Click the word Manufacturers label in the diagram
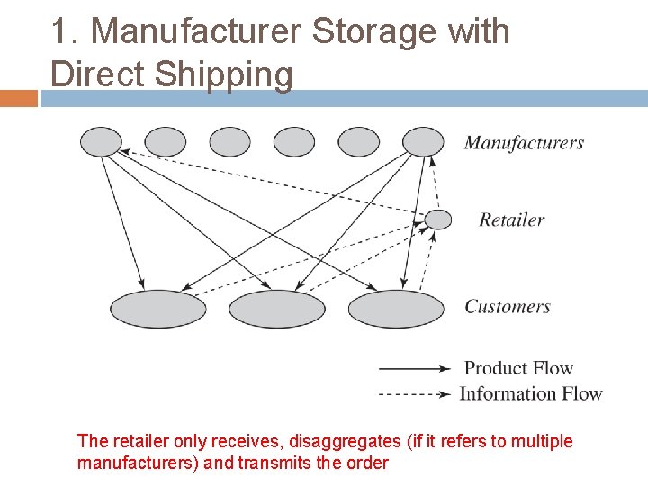(x=524, y=143)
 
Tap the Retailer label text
(x=511, y=220)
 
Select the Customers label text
(x=507, y=307)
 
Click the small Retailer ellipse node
(x=438, y=219)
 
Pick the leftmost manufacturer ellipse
(x=101, y=141)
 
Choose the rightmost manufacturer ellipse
(x=423, y=141)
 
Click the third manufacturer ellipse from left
(x=230, y=141)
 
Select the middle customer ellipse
(x=276, y=309)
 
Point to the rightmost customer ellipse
(x=396, y=309)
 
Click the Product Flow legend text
(x=518, y=368)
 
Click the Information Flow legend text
(x=531, y=393)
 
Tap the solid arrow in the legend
(x=414, y=368)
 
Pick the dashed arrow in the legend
(x=414, y=393)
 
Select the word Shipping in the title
(x=224, y=75)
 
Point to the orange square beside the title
(x=19, y=98)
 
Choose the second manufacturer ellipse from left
(x=166, y=141)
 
